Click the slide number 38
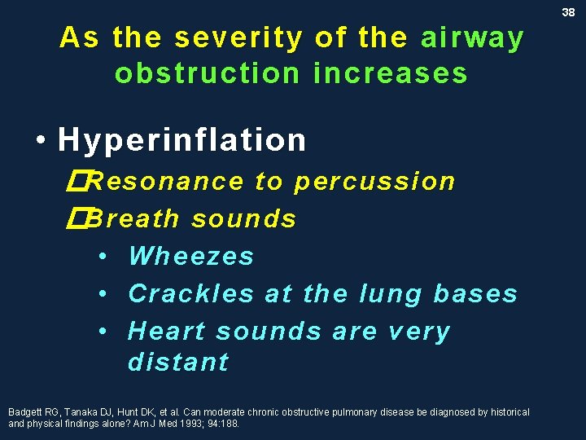point(568,12)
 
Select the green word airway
point(472,38)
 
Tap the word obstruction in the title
point(207,73)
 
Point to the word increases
point(391,73)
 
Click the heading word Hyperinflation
point(182,140)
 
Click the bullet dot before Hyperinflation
point(41,141)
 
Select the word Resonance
point(164,182)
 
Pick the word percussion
point(374,182)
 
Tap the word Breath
point(134,218)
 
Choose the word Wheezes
point(191,256)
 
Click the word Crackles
point(191,293)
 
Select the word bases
point(475,293)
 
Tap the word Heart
point(168,332)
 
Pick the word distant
point(178,362)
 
